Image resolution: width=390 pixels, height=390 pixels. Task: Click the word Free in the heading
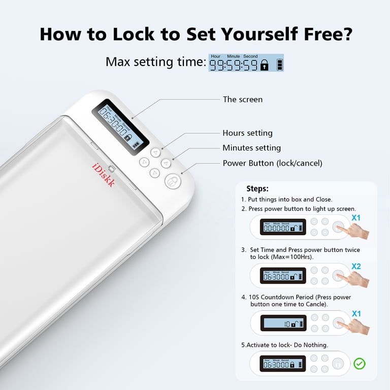coord(322,34)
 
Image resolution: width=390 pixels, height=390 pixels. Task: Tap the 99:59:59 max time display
coord(234,64)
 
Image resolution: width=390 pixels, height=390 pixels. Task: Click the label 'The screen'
coord(243,100)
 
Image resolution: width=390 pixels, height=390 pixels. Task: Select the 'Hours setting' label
coord(247,133)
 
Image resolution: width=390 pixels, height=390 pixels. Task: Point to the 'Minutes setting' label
coord(251,148)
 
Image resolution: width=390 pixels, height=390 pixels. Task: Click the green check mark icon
coord(360,364)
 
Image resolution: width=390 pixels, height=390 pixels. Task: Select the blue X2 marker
coord(356,266)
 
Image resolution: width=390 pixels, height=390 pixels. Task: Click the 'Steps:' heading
coord(257,189)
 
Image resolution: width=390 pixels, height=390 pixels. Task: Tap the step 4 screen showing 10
coord(283,323)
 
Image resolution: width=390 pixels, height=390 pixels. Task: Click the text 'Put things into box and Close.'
coord(286,200)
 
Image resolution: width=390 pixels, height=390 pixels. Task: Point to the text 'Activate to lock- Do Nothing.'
coord(284,345)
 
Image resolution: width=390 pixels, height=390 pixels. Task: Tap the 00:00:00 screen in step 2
coord(283,227)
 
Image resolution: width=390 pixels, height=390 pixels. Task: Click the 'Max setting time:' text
coord(155,62)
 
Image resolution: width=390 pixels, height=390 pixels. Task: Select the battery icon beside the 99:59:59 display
coord(279,65)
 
